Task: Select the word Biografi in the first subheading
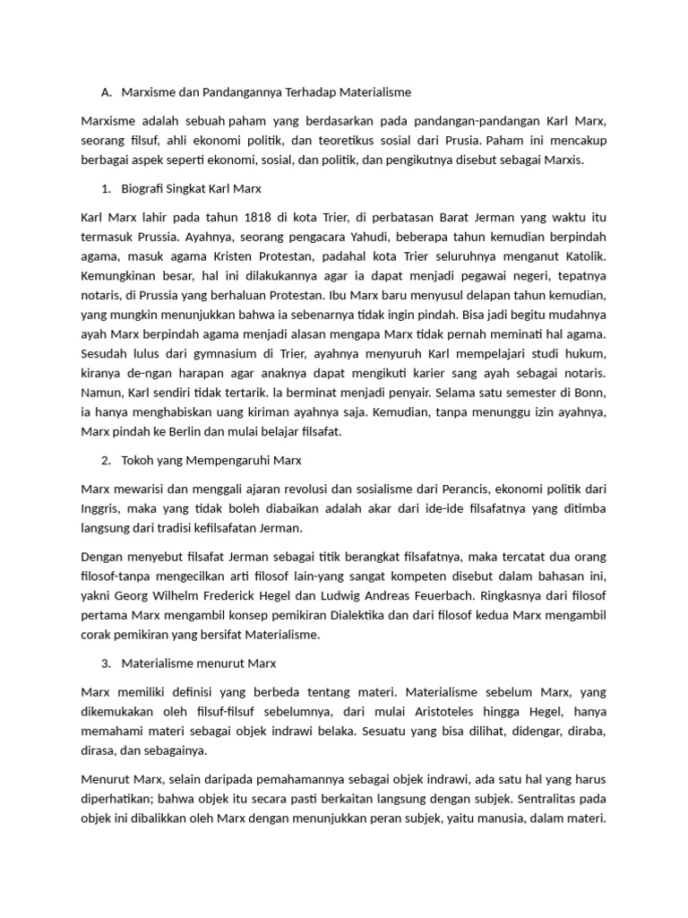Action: (x=142, y=188)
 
